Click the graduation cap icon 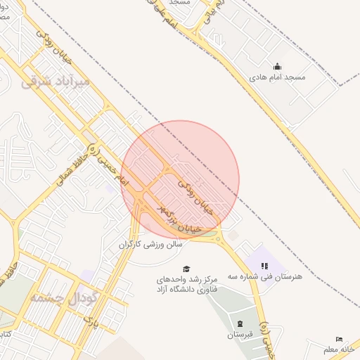click(186, 269)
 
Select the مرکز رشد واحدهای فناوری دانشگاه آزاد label click(187, 284)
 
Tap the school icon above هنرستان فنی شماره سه click(264, 266)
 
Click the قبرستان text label click(240, 334)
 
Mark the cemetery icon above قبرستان click(240, 323)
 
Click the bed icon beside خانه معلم click(340, 340)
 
